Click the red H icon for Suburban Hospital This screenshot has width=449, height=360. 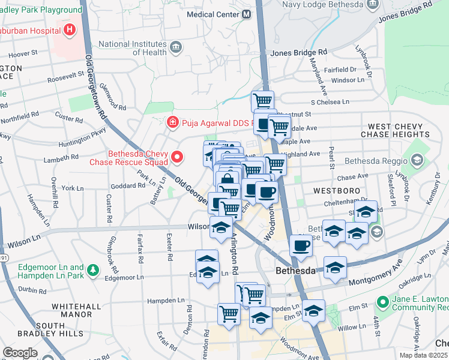click(70, 29)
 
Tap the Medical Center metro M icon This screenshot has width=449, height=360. click(247, 14)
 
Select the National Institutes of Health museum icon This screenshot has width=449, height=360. click(176, 48)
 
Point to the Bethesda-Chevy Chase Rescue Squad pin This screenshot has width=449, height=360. click(177, 157)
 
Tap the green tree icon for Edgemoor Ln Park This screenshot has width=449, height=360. click(93, 271)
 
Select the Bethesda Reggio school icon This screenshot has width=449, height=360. click(417, 160)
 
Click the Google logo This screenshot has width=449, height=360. click(20, 352)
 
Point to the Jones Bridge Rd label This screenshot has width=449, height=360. click(299, 53)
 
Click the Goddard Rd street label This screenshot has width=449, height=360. click(128, 185)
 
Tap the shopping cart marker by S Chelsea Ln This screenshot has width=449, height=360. click(262, 100)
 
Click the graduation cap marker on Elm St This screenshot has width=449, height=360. click(313, 310)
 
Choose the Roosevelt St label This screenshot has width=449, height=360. click(67, 77)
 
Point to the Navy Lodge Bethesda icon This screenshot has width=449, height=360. click(372, 5)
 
